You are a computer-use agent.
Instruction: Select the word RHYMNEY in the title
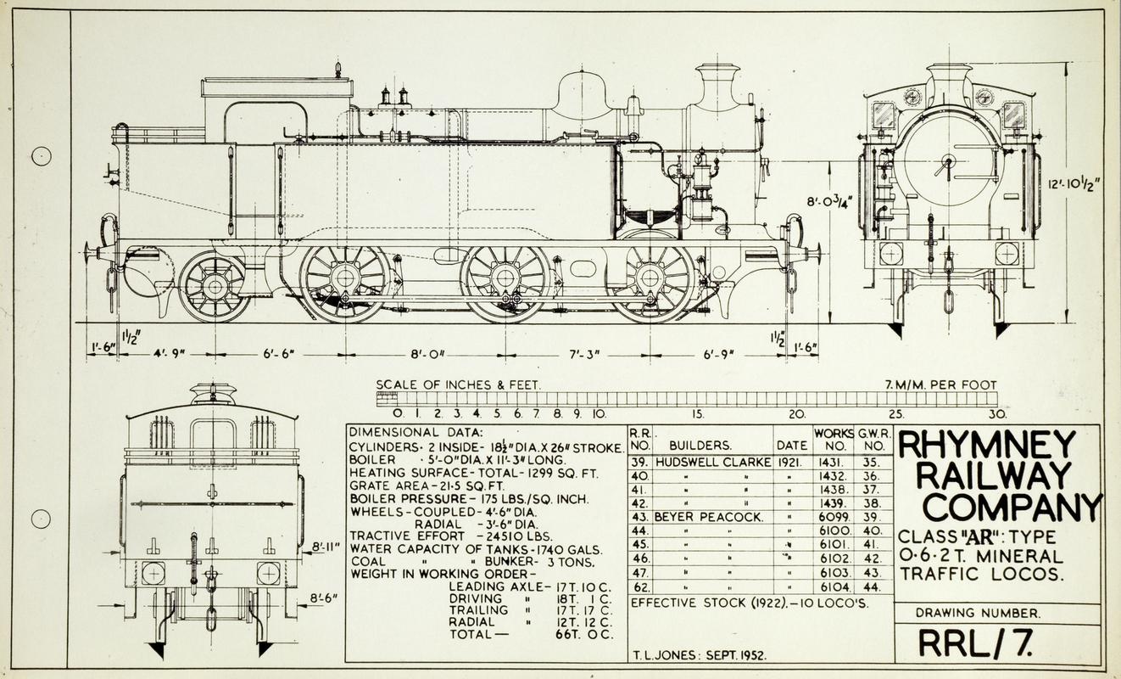point(985,445)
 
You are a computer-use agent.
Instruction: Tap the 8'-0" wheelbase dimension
point(426,352)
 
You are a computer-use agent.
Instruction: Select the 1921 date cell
point(791,463)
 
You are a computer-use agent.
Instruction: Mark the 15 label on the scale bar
point(698,414)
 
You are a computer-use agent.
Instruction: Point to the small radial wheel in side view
point(214,286)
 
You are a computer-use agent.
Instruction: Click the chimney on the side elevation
point(717,86)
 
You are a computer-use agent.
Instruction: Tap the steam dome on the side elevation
point(581,95)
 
